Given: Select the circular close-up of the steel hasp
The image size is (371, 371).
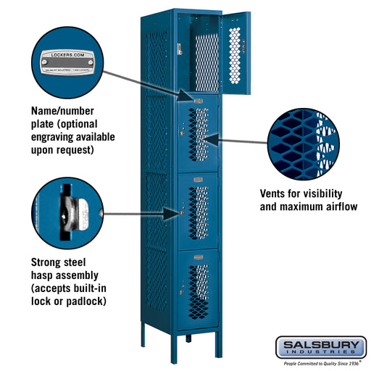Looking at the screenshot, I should point(67,213).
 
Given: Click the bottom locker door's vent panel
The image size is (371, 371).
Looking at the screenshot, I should point(198,291).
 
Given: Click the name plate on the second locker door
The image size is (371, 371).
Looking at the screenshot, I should point(198,101).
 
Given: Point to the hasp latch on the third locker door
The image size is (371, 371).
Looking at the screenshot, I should point(180,213).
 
